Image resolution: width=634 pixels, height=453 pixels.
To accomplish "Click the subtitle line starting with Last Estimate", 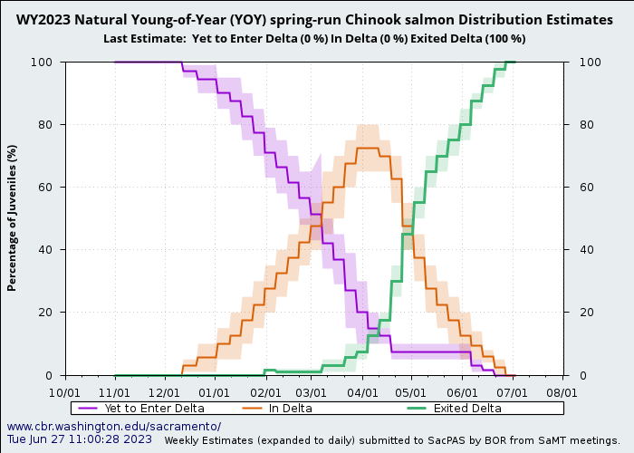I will point(314,38).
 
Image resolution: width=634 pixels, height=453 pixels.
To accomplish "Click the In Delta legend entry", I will point(290,408).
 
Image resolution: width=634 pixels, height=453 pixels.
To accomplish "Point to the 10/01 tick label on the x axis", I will point(64,393).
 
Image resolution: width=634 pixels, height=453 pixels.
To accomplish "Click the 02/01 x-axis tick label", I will point(265,393).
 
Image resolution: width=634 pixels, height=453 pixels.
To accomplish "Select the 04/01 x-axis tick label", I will point(362,393).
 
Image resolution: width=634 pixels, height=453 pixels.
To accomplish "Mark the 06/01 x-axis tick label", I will point(462,393).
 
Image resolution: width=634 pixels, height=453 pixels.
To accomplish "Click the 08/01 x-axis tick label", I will point(562,393).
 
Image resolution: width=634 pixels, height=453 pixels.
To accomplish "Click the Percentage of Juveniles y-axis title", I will point(13,217).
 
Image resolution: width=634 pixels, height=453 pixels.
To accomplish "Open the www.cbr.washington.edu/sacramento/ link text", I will point(113,426).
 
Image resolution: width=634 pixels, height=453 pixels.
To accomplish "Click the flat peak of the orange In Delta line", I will point(367,148).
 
